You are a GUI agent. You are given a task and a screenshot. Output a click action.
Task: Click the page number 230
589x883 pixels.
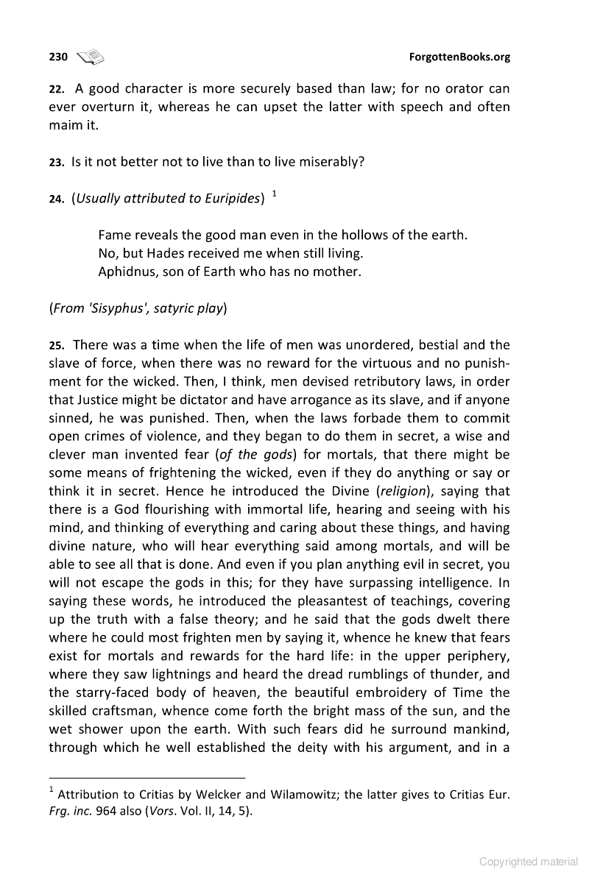[58, 57]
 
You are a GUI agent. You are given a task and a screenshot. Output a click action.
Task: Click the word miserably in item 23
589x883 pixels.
[329, 161]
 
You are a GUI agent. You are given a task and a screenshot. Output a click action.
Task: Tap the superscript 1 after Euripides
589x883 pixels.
[274, 194]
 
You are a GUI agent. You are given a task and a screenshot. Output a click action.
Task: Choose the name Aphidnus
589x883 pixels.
[127, 272]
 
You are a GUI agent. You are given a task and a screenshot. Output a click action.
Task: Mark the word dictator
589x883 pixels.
[194, 400]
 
